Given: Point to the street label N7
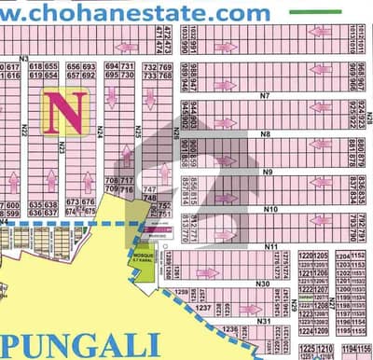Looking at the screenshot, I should (x=265, y=96).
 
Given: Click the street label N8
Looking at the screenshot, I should (x=266, y=134).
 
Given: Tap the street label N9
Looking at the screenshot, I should (x=267, y=172).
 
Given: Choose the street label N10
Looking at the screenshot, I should (x=270, y=209).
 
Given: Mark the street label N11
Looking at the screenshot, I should (x=272, y=245).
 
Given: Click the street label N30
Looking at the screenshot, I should (x=263, y=284).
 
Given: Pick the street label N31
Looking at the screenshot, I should (x=264, y=321).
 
